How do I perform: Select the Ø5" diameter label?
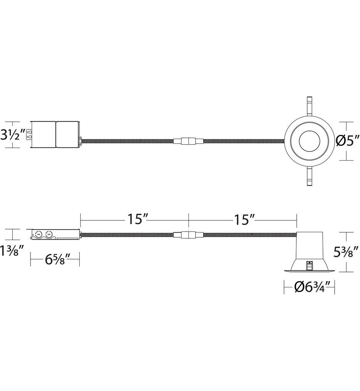[347, 141]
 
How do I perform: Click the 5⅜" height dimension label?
[347, 252]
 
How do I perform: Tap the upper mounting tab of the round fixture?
[309, 106]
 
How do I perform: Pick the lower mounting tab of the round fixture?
[309, 177]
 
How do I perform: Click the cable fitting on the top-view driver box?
[81, 141]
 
